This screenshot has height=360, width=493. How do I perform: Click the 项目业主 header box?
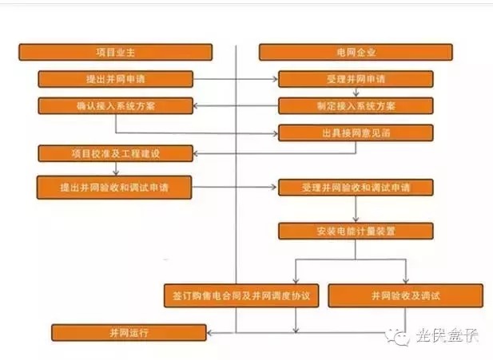click(x=115, y=53)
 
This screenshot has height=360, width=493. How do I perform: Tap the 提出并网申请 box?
click(x=115, y=79)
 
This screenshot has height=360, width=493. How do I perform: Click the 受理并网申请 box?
click(x=356, y=79)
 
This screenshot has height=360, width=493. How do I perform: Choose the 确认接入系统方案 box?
click(x=115, y=105)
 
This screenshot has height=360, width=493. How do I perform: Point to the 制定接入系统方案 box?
click(x=356, y=105)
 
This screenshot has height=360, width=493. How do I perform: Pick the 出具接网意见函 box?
click(x=356, y=133)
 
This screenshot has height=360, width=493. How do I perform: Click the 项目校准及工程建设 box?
click(x=115, y=152)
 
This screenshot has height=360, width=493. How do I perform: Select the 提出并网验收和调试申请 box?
click(x=115, y=187)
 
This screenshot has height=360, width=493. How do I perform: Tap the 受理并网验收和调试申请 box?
click(x=356, y=188)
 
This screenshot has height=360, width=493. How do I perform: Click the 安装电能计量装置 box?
click(x=356, y=231)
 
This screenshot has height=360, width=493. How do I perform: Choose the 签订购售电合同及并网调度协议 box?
click(x=241, y=295)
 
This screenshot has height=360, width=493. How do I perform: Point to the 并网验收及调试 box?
click(x=405, y=295)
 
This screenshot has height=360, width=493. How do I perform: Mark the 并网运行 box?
click(x=129, y=331)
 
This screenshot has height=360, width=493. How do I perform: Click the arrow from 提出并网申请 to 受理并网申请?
click(x=235, y=79)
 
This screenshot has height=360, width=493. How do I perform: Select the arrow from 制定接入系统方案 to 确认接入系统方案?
click(x=235, y=105)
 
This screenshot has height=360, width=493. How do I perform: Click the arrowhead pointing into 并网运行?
click(x=209, y=331)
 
